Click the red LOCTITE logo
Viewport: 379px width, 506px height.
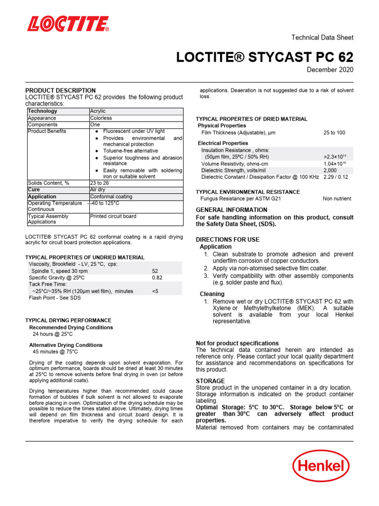68,24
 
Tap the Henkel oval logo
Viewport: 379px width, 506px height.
321,466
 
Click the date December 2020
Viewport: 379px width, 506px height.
330,70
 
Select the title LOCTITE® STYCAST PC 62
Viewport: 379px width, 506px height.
265,57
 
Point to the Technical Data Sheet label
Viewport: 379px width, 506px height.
323,38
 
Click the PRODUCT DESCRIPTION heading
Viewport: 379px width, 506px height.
61,90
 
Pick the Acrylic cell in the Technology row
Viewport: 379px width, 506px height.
98,111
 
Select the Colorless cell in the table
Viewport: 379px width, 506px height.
101,118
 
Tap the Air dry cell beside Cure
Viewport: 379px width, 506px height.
97,190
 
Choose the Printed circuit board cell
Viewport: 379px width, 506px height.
113,216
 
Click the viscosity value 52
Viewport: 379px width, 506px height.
155,271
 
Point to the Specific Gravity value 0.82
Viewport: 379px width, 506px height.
157,278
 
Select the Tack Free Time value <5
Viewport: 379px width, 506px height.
155,292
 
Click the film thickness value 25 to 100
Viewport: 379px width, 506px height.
334,133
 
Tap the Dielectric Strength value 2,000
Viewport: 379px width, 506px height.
330,170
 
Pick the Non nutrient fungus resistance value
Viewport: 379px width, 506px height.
337,199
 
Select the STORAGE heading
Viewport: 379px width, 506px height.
210,381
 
